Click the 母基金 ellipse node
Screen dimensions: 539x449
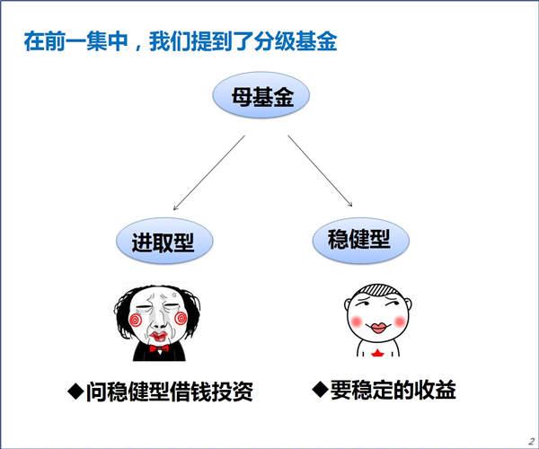click(261, 95)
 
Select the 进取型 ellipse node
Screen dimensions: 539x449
click(164, 241)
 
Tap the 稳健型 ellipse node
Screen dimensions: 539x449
click(360, 240)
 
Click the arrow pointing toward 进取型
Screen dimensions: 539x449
click(209, 172)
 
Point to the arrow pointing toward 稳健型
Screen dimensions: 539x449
click(320, 171)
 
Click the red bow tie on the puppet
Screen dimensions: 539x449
click(159, 348)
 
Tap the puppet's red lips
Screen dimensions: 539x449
click(158, 336)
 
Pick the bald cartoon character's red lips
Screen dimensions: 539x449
click(378, 328)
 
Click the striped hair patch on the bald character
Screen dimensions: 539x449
click(378, 289)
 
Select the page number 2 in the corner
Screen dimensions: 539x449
click(532, 441)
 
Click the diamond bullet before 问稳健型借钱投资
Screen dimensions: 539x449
click(75, 391)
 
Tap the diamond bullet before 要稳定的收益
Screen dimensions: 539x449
click(320, 390)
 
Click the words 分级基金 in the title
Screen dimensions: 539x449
click(296, 41)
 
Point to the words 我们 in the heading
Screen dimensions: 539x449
click(170, 41)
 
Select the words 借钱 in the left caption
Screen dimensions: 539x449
click(190, 392)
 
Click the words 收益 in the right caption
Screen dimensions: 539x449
click(435, 390)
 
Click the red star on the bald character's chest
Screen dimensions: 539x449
click(378, 353)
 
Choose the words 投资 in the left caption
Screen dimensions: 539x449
click(233, 392)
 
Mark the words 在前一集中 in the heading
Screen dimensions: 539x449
click(75, 41)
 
